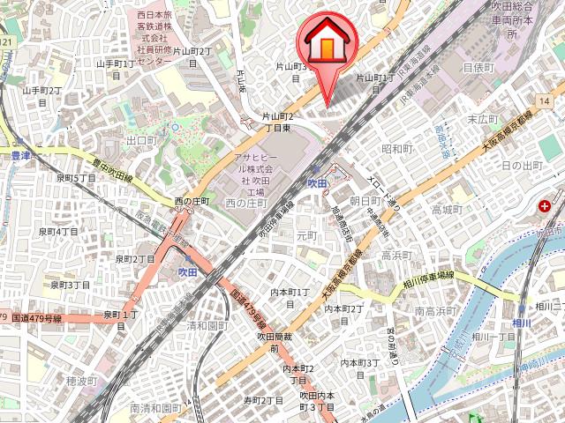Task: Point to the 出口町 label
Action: point(141,140)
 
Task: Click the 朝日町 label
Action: point(365,201)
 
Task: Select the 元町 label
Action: point(306,235)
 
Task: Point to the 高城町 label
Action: point(447,209)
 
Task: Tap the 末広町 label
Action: point(483,118)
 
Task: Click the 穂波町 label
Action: point(81,381)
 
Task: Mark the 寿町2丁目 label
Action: point(263,400)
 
